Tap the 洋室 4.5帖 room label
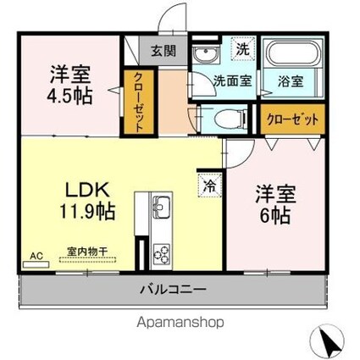click(69, 83)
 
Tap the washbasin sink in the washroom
click(203, 56)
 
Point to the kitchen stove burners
click(161, 252)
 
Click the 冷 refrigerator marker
click(208, 182)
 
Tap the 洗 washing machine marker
click(241, 49)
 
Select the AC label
click(36, 253)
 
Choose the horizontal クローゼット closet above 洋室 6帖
click(291, 119)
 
